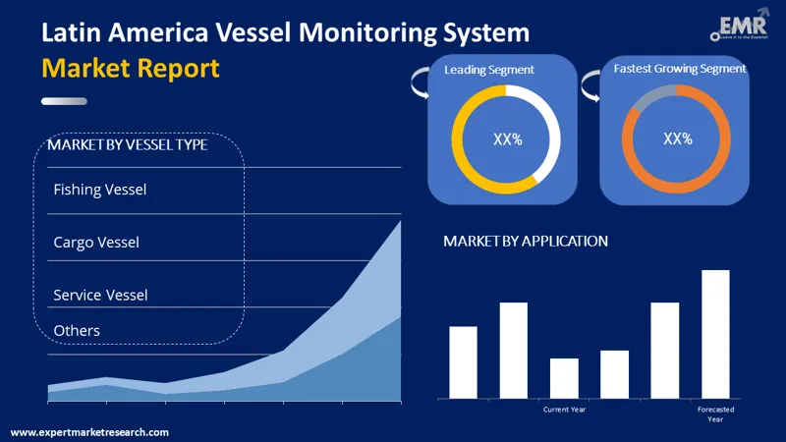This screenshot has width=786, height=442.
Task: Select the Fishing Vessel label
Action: coord(100,190)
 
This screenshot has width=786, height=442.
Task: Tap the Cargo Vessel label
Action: coord(96,242)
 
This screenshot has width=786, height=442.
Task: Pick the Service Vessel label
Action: coord(100,295)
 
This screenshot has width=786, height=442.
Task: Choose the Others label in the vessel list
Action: coord(77,330)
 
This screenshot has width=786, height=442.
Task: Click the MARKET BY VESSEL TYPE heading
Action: coord(127,145)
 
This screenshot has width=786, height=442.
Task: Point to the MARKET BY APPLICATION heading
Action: coord(526,241)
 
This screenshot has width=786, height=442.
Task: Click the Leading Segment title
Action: coord(489,70)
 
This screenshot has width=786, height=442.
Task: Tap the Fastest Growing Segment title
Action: coord(680,69)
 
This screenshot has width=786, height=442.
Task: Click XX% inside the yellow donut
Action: coord(507,139)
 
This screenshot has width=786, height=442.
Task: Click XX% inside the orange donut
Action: coord(678,138)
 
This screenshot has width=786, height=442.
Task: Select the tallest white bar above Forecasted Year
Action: coord(715,334)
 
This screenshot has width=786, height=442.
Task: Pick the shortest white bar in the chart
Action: coord(564,378)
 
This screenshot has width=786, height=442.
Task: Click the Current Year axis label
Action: coord(564,409)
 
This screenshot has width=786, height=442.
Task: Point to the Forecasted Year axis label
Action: coord(715,414)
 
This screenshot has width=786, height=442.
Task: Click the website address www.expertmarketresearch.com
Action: coord(89,432)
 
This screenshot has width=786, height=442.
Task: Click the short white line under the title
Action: coord(64,101)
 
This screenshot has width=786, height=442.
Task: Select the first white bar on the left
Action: coord(463,361)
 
